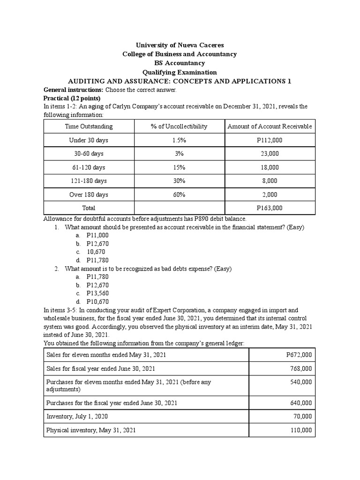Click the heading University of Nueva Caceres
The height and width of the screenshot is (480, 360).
[180, 45]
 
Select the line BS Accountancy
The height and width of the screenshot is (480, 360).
[180, 63]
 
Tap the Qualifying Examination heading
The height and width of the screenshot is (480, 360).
[180, 72]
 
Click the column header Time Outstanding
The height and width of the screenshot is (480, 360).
[89, 127]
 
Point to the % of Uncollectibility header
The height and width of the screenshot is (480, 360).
[179, 127]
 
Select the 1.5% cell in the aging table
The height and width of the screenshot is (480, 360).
[179, 140]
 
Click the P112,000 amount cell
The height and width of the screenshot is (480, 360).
[270, 140]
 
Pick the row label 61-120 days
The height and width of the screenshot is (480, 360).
[89, 167]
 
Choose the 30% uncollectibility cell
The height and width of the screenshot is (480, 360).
[179, 181]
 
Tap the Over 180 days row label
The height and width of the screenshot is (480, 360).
[89, 195]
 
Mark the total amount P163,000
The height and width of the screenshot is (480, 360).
[270, 208]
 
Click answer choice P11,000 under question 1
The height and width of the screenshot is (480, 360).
[97, 236]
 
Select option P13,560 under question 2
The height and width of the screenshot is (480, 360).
[97, 293]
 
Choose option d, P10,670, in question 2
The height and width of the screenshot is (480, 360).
[97, 302]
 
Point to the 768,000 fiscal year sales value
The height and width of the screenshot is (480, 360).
[300, 368]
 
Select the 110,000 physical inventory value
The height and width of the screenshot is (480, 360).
[300, 430]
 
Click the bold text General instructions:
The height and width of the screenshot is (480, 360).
[73, 90]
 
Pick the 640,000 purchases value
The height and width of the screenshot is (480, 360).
[300, 403]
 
